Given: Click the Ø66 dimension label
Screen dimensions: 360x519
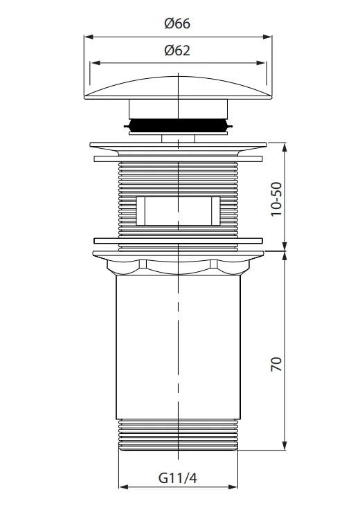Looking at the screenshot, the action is pyautogui.click(x=177, y=24).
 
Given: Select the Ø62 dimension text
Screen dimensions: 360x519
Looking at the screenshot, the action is pyautogui.click(x=177, y=51).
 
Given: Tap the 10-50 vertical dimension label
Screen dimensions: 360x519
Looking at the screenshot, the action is pyautogui.click(x=276, y=199).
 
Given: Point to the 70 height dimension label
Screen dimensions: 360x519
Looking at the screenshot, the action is pyautogui.click(x=276, y=364).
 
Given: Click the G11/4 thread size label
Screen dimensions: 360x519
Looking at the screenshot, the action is pyautogui.click(x=178, y=478).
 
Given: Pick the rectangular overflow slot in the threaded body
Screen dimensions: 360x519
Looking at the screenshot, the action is pyautogui.click(x=178, y=211).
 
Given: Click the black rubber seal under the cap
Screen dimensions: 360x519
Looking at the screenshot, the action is pyautogui.click(x=178, y=125).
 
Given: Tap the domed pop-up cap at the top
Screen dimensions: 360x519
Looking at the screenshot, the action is pyautogui.click(x=178, y=88).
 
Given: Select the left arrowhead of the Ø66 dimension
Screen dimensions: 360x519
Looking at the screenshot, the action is pyautogui.click(x=88, y=37).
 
